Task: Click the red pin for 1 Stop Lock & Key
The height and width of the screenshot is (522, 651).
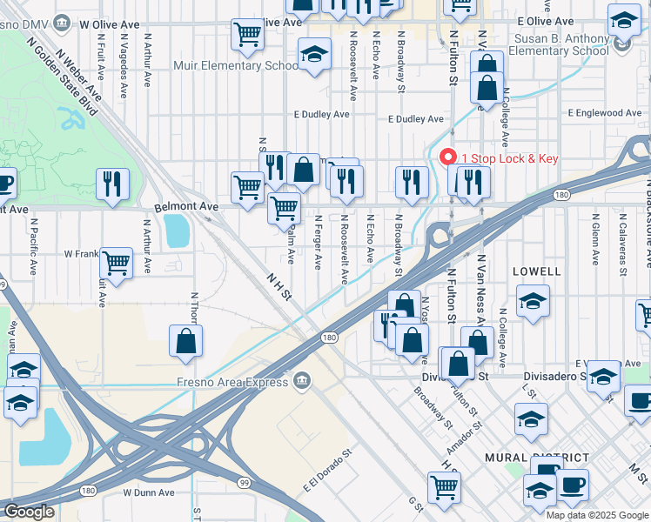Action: pyautogui.click(x=448, y=157)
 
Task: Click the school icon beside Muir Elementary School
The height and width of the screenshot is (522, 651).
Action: pyautogui.click(x=314, y=56)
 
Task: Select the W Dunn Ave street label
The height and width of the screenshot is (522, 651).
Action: pyautogui.click(x=149, y=492)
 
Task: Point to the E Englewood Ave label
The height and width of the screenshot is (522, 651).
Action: pyautogui.click(x=605, y=113)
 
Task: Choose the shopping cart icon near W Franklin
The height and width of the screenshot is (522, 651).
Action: pyautogui.click(x=116, y=262)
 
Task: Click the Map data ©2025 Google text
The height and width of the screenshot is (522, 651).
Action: pyautogui.click(x=597, y=514)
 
